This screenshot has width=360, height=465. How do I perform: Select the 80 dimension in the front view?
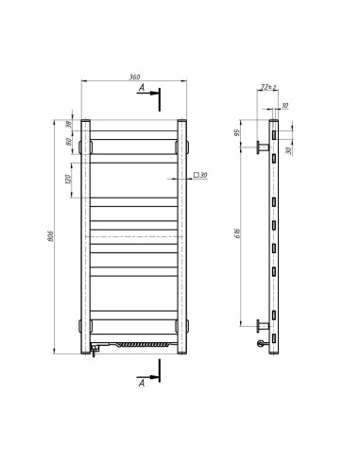pyautogui.click(x=70, y=144)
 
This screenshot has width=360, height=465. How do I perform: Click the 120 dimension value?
pyautogui.click(x=70, y=180)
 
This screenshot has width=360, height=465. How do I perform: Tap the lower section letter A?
pyautogui.click(x=141, y=383)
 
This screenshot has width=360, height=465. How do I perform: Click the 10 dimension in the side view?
pyautogui.click(x=285, y=106)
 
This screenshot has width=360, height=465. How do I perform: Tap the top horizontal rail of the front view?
pyautogui.click(x=134, y=127)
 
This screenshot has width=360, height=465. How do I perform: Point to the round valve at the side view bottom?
pyautogui.click(x=262, y=346)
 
